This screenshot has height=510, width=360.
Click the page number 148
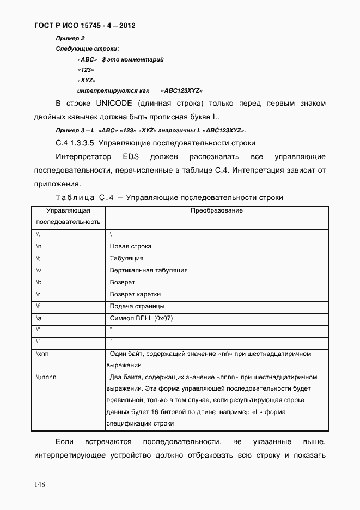pos(41,483)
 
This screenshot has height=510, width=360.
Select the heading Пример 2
pos(70,38)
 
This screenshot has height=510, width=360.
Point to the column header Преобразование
pos(216,210)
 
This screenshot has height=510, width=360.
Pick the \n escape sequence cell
pos(39,246)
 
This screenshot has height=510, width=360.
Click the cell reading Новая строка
pos(130,246)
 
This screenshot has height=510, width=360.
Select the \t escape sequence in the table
pos(39,258)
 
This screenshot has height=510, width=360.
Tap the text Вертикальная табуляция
pos(149,270)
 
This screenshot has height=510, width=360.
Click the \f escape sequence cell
pos(39,306)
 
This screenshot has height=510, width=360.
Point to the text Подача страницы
pos(137,306)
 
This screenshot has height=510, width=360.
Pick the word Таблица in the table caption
pos(74,197)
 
